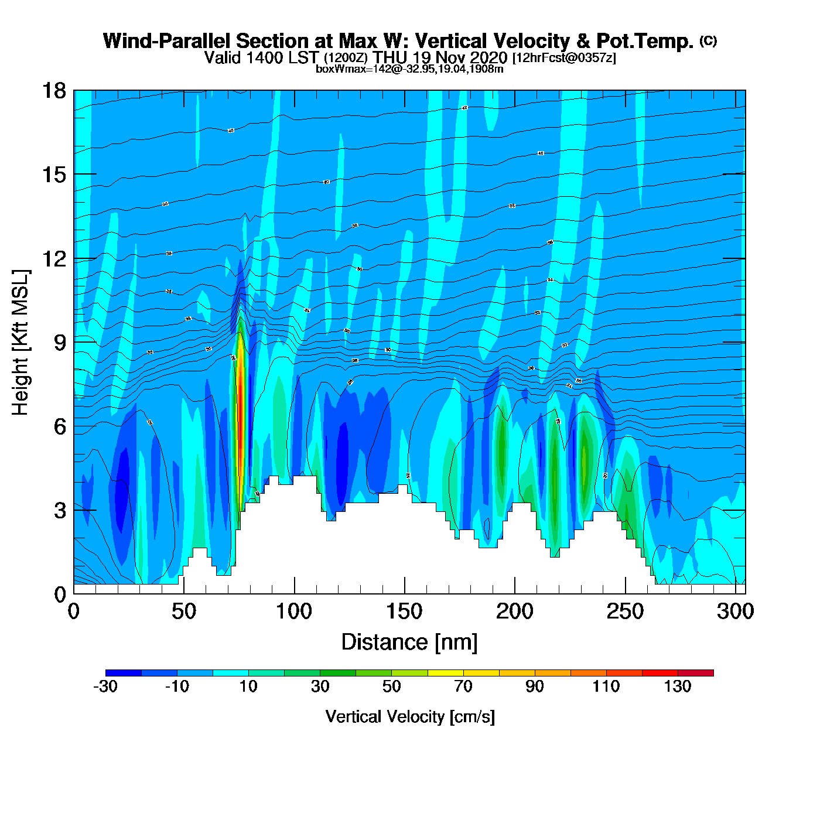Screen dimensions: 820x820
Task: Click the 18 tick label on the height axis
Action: (x=53, y=91)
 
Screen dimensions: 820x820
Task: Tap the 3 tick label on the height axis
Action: (x=60, y=511)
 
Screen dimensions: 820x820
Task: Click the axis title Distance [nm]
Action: (x=409, y=643)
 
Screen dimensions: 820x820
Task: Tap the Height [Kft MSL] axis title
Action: (x=20, y=343)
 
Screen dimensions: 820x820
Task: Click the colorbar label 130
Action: (x=678, y=686)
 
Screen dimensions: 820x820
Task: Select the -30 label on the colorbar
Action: (x=105, y=686)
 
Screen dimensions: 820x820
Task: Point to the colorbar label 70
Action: (x=463, y=686)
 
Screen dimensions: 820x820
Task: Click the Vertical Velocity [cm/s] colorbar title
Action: (x=410, y=717)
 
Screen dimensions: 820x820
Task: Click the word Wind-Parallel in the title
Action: (x=167, y=42)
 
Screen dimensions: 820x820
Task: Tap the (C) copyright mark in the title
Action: (x=708, y=40)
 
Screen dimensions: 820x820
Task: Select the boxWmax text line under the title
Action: (x=409, y=69)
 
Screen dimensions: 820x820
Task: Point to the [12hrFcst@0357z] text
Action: (x=564, y=58)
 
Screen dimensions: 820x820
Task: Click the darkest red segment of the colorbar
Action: (x=696, y=673)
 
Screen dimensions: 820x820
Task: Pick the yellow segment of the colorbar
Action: (x=445, y=673)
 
